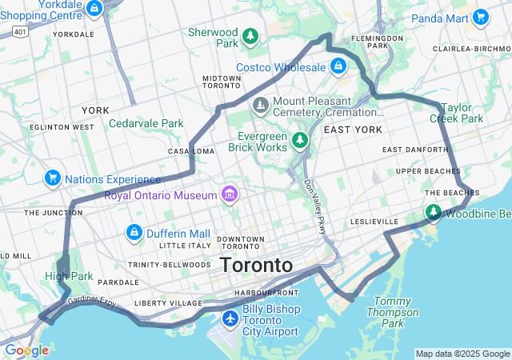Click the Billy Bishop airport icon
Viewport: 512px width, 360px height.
[x=230, y=319]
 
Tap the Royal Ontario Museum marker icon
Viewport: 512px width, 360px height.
[x=230, y=194]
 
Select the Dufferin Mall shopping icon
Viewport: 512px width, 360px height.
[x=134, y=233]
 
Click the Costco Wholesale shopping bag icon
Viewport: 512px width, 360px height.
[x=338, y=66]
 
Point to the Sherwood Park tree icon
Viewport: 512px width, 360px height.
[x=251, y=36]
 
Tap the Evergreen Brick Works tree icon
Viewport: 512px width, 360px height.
[x=300, y=141]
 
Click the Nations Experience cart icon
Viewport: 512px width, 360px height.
[x=53, y=178]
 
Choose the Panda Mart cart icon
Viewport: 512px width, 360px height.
[x=480, y=17]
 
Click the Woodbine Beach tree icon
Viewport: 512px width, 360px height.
[x=433, y=212]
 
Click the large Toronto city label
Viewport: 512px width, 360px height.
[x=256, y=265]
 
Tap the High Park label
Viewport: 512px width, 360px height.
[x=69, y=277]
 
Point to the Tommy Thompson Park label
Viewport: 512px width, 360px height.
[x=393, y=312]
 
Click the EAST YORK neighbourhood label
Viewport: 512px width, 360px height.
[x=354, y=130]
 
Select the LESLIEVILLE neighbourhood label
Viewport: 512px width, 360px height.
[x=374, y=222]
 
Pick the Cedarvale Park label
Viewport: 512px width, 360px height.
[x=146, y=123]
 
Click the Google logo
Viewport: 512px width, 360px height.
[x=26, y=350]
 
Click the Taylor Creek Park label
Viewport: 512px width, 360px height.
[x=456, y=112]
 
